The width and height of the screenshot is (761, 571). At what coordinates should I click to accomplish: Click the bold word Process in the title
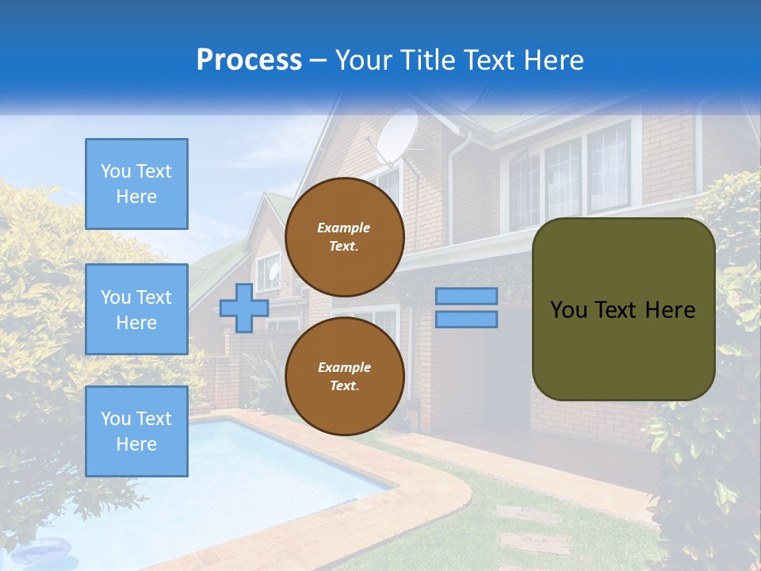[249, 60]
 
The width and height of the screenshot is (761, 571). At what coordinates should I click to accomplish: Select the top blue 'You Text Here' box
[136, 184]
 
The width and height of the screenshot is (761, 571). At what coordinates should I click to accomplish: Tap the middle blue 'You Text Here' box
[136, 309]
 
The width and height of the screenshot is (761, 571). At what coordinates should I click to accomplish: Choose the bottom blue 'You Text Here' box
[136, 431]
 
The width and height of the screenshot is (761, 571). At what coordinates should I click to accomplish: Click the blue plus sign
[244, 308]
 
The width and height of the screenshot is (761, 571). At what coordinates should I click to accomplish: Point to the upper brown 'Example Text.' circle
[345, 236]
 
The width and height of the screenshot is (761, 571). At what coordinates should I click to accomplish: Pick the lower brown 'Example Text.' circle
[345, 376]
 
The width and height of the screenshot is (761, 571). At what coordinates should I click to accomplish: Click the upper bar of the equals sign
[466, 296]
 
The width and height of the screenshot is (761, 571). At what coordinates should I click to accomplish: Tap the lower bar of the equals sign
[466, 319]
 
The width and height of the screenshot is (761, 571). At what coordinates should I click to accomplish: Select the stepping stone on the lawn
[535, 543]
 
